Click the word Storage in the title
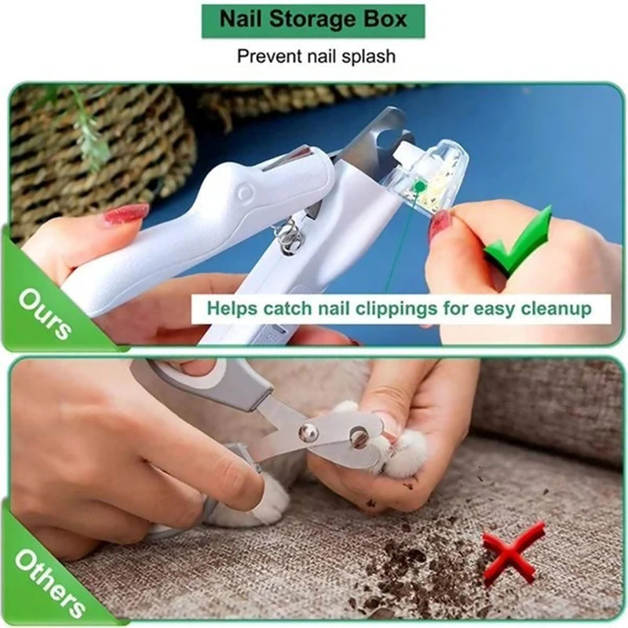(304, 20)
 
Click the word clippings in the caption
(385, 308)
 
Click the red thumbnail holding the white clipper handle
(123, 214)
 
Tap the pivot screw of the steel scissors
(309, 430)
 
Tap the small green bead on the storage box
(421, 187)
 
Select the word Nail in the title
(239, 20)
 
